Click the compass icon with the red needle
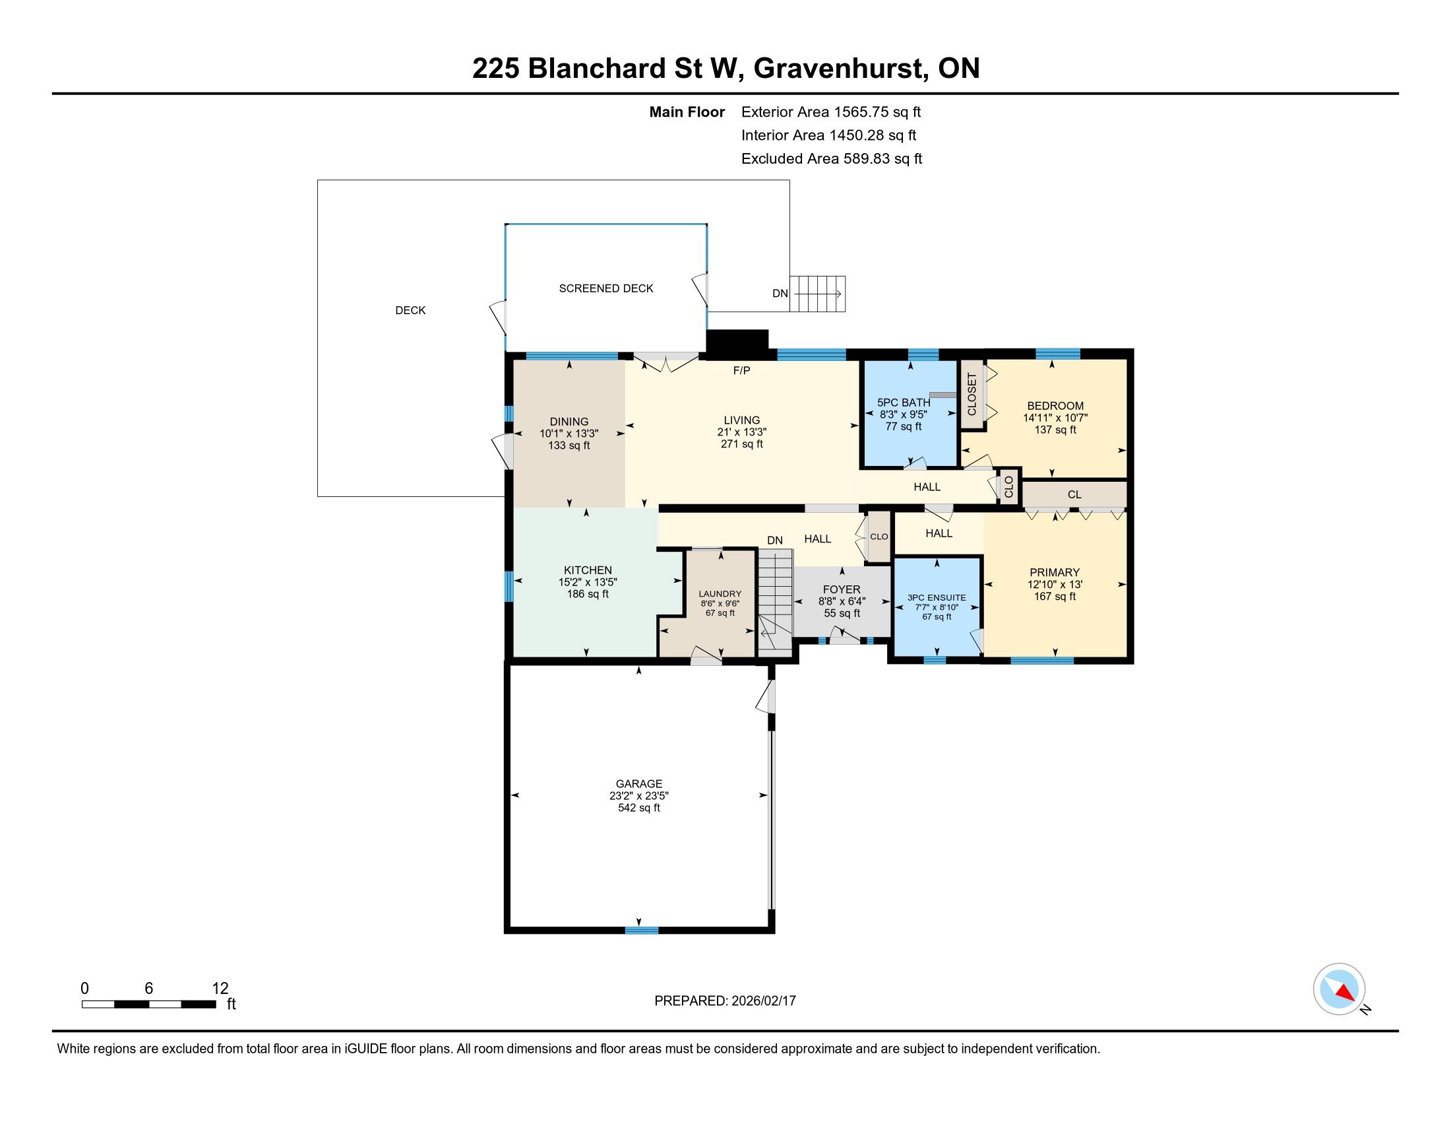pos(1339,989)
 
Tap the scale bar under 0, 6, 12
pos(149,1004)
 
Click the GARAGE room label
pos(639,783)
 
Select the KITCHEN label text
pos(588,570)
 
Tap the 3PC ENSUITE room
pos(937,607)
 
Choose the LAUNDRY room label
pos(720,593)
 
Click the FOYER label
pos(842,589)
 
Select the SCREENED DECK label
pos(606,288)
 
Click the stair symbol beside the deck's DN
pos(818,294)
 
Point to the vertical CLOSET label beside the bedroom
pos(972,394)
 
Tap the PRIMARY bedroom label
pos(1055,572)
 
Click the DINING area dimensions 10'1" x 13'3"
pos(569,434)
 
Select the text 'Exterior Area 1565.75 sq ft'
pos(831,112)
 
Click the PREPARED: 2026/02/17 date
pos(725,1001)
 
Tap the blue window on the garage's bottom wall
pos(642,930)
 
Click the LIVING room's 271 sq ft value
pos(742,444)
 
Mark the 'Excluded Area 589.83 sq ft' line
pos(832,158)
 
